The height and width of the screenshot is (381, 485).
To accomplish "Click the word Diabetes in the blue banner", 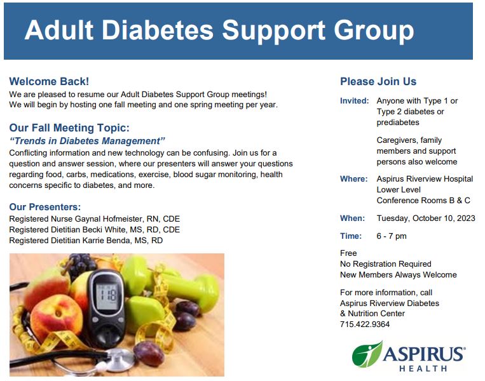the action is coord(158,30).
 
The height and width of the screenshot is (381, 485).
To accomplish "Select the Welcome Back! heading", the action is coord(49,81).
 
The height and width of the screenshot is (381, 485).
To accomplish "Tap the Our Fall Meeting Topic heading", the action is coord(69,128).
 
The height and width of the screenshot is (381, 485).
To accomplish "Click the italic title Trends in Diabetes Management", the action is coord(87,141).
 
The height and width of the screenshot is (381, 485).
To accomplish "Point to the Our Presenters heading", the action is coord(45,207).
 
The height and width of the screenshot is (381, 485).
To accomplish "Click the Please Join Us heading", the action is coord(378,81).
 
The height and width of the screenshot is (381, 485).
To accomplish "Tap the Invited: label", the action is coord(355,101).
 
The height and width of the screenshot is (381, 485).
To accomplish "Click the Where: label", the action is coord(354,179).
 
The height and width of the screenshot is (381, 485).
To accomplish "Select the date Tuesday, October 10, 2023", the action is coord(426,218).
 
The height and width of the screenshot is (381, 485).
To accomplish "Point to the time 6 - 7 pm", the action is coord(392,236).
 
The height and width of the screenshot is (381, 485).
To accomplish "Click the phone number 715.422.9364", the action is coord(365,324).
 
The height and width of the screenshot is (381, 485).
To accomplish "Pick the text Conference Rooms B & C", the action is coord(423,201).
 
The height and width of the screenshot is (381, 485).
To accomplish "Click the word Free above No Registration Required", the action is coord(348,253).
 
